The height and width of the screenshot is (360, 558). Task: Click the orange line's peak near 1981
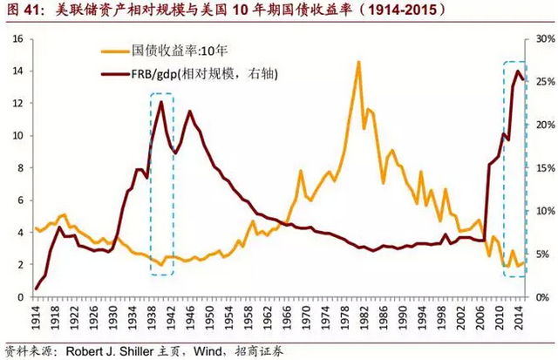358,62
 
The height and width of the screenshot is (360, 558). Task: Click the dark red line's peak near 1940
161,102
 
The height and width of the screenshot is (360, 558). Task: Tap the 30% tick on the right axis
544,39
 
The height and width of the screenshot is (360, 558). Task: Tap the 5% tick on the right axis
541,255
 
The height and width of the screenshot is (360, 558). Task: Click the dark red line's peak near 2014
519,71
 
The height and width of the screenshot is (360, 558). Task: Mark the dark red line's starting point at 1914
37,288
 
